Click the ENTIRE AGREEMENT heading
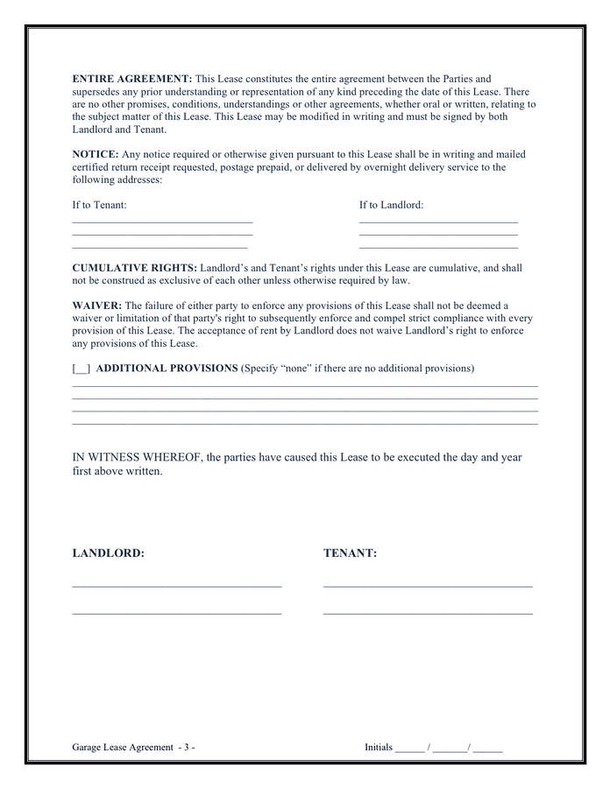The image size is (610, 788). pyautogui.click(x=131, y=79)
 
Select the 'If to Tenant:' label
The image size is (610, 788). pyautogui.click(x=99, y=205)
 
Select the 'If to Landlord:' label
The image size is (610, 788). pyautogui.click(x=391, y=205)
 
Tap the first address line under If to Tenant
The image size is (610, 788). pyautogui.click(x=162, y=222)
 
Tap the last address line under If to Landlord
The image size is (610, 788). pyautogui.click(x=438, y=248)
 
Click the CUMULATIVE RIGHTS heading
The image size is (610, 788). pyautogui.click(x=134, y=268)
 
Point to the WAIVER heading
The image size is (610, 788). pyautogui.click(x=96, y=306)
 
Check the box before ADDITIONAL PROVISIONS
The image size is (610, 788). pyautogui.click(x=81, y=369)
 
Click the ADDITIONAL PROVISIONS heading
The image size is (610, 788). pyautogui.click(x=167, y=369)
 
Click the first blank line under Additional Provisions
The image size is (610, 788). pyautogui.click(x=304, y=386)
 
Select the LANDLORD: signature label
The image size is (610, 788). pyautogui.click(x=108, y=553)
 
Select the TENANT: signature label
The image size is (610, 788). pyautogui.click(x=350, y=553)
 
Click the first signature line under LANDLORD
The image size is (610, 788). pyautogui.click(x=176, y=585)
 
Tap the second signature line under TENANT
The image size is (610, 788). pyautogui.click(x=428, y=614)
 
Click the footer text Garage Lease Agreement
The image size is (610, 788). pyautogui.click(x=123, y=747)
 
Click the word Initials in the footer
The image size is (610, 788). pyautogui.click(x=379, y=747)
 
